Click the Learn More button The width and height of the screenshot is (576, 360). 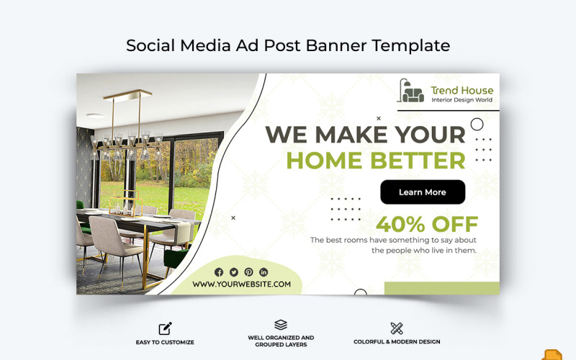point(423,192)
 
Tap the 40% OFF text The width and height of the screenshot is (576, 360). point(427,224)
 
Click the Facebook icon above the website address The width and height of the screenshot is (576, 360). point(219,271)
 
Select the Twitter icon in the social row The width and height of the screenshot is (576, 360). point(234,271)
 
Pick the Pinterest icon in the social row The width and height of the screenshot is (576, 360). point(248,271)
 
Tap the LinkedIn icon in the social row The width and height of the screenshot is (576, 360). point(264,271)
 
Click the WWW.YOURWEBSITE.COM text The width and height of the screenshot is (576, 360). point(242,284)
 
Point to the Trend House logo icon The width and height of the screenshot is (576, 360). point(411,91)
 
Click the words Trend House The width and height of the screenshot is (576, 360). point(462,90)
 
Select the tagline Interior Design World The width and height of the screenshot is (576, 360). point(462,100)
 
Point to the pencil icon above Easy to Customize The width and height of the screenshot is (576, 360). point(165,328)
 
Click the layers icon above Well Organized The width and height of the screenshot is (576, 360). point(281,325)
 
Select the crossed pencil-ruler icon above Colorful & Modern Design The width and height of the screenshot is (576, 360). point(397,328)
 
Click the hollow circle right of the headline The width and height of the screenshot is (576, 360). point(477,124)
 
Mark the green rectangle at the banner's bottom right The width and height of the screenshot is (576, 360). point(441,288)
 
